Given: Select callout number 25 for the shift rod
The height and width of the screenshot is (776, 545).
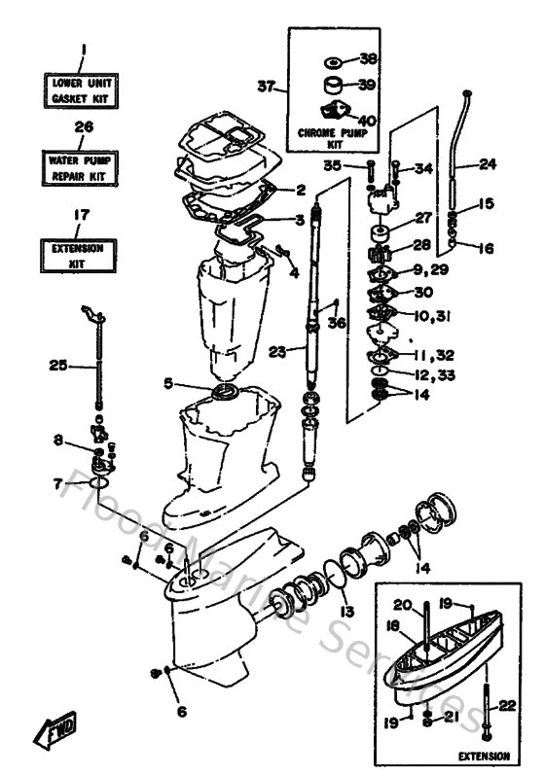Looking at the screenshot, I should pos(58,366).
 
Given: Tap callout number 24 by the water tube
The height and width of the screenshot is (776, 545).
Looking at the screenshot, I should pos(487,164).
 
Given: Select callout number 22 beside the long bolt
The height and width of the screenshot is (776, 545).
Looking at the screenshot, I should pos(505,705).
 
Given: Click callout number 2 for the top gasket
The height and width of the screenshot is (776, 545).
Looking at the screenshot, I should pos(301,190).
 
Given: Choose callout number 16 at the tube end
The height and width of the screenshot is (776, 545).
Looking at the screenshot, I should pos(486,249).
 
